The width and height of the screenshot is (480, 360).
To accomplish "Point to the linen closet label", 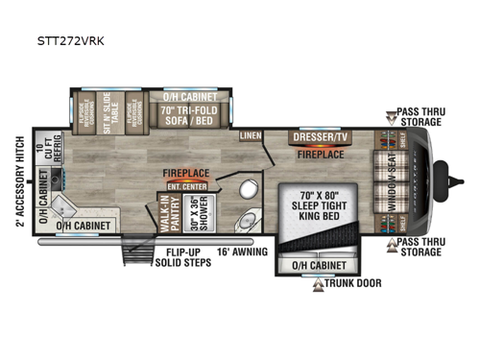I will (251, 135).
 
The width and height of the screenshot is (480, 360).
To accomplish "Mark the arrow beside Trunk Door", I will (320, 283).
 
